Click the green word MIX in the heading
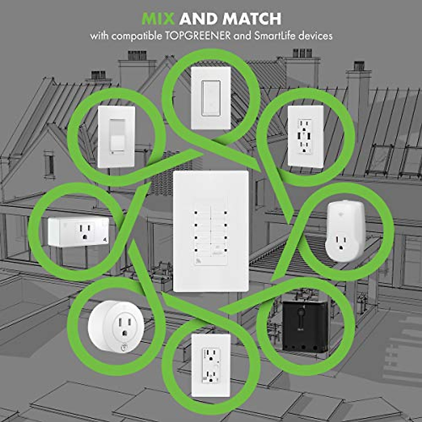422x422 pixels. (x=159, y=19)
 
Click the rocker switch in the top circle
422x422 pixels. (x=211, y=98)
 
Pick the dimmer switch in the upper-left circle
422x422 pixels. (x=116, y=136)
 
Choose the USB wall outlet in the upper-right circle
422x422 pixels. (x=306, y=135)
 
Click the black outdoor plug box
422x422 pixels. (x=305, y=326)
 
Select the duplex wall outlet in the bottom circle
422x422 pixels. (x=211, y=365)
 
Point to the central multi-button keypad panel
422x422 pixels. (x=211, y=231)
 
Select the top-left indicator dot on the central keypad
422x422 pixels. (x=194, y=213)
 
